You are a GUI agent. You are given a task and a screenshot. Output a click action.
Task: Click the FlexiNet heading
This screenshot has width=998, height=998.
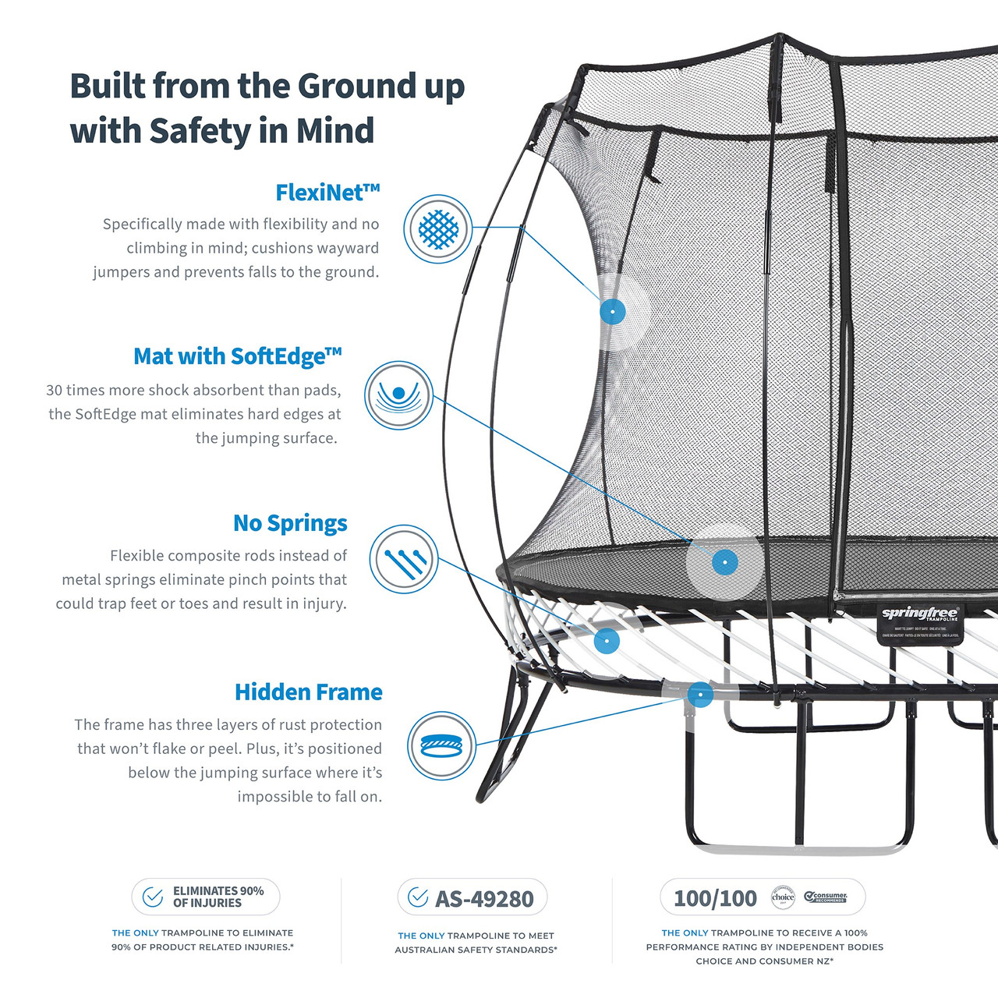tap(327, 193)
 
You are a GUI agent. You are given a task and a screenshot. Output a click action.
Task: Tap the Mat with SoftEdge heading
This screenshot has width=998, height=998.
tap(238, 356)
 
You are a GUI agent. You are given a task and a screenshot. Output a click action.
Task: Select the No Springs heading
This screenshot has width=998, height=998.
tap(290, 523)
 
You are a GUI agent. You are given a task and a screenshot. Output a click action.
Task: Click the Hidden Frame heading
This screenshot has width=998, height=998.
tap(309, 692)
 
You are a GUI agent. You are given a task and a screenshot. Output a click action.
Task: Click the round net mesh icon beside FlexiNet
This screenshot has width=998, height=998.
tap(438, 229)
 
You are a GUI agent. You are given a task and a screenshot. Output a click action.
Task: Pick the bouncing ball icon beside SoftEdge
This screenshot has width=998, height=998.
tap(399, 395)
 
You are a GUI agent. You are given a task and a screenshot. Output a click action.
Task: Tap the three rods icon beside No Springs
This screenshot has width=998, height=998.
tap(403, 559)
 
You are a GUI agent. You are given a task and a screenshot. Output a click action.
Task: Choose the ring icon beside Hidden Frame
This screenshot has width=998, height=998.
tap(442, 745)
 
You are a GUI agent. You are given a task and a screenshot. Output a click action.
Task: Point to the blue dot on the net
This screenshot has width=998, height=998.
tap(613, 311)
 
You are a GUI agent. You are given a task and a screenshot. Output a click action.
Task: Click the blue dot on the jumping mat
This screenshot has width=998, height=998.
tap(725, 562)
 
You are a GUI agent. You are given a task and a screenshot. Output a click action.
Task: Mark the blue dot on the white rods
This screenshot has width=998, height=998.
tap(607, 641)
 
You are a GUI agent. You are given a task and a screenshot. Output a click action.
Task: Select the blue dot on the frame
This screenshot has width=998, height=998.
tap(700, 694)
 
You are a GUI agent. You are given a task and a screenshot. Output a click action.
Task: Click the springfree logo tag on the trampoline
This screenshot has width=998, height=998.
tap(920, 623)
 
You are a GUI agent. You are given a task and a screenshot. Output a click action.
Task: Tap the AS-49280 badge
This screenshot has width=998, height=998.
tap(472, 898)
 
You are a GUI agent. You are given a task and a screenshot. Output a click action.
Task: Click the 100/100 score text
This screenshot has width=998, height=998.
tap(715, 898)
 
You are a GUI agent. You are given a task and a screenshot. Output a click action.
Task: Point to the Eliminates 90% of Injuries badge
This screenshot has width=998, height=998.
tap(206, 897)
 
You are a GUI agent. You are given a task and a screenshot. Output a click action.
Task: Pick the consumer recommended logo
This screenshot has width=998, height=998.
tap(826, 897)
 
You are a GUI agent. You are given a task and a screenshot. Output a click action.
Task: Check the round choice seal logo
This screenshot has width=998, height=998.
tap(783, 897)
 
